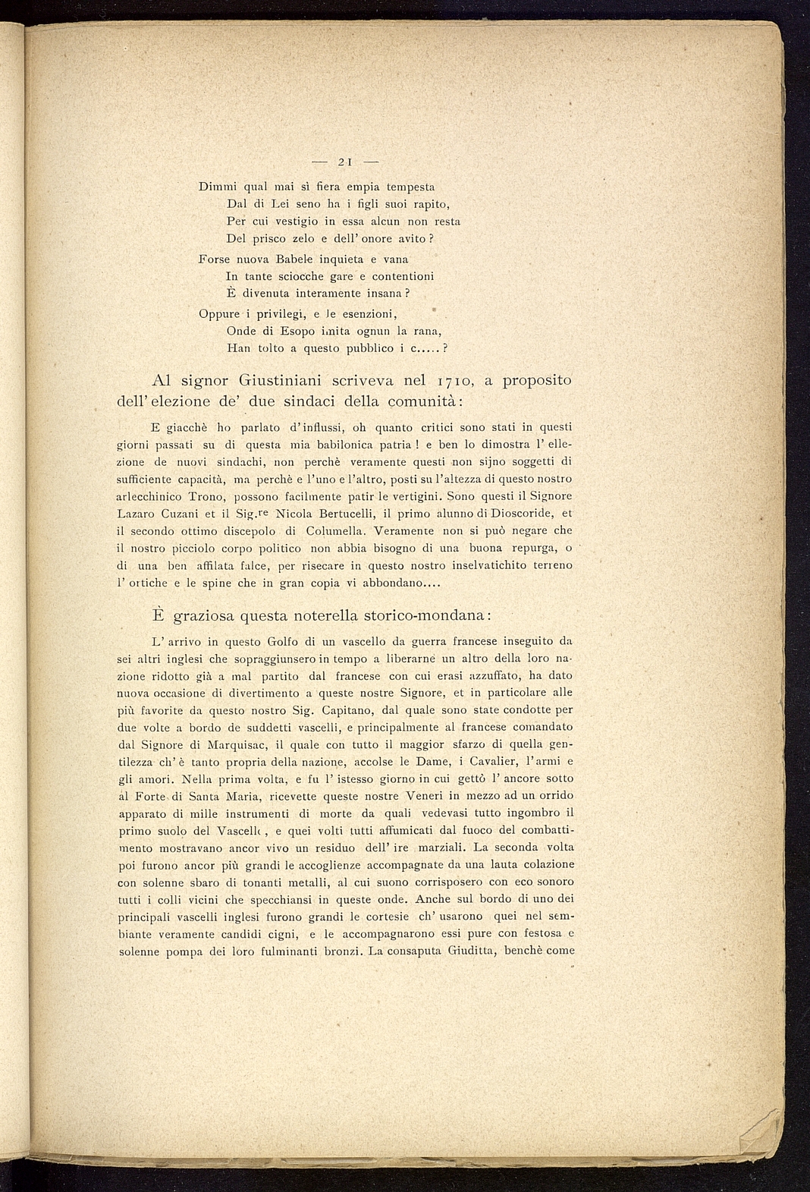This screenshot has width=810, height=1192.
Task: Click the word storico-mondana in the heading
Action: [x=428, y=613]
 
